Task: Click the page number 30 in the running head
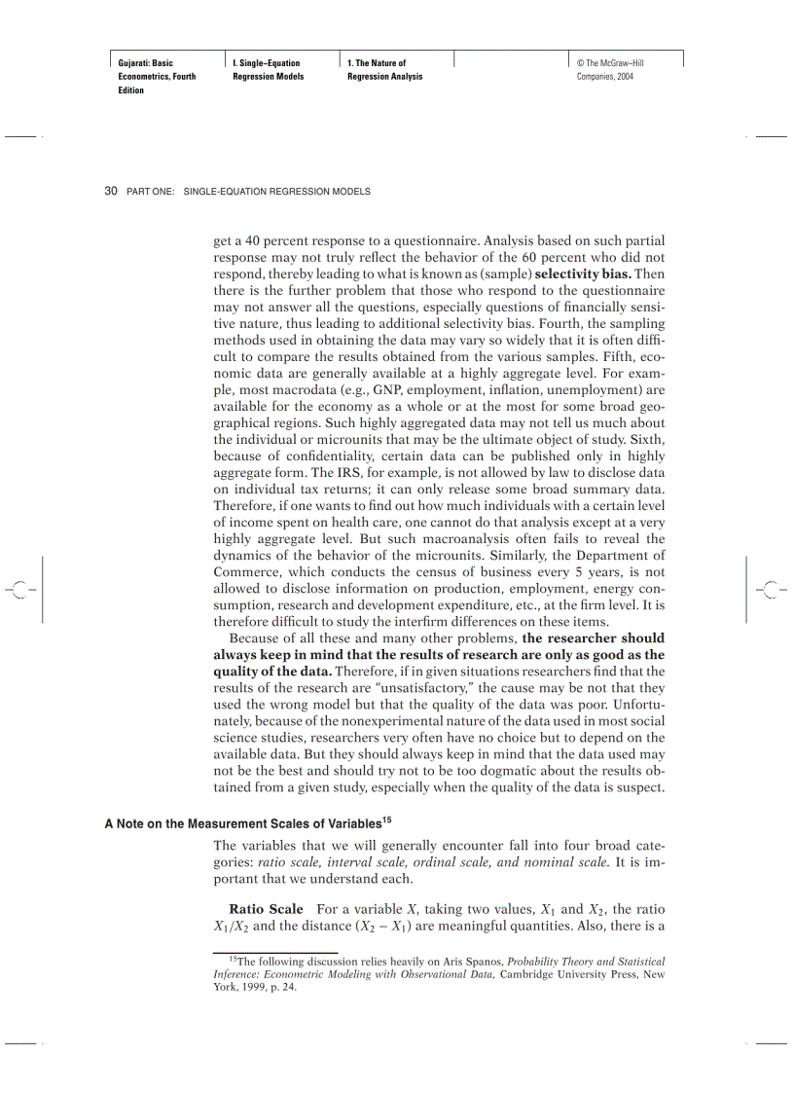(x=110, y=192)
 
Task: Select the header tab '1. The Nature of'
(x=377, y=63)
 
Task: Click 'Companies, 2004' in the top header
(x=605, y=77)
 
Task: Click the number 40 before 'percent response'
(x=254, y=238)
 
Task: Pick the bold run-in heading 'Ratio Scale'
(x=266, y=909)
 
